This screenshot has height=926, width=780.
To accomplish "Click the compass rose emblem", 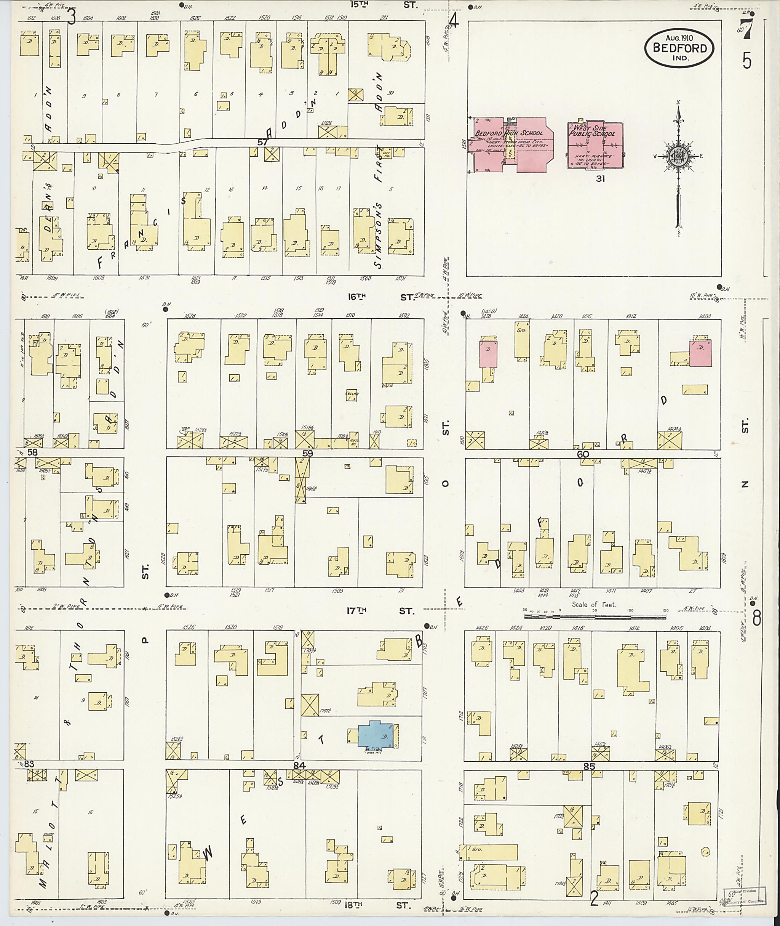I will point(676,156).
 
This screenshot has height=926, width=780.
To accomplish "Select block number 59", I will point(307,453).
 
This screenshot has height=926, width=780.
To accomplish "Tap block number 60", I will point(583,454).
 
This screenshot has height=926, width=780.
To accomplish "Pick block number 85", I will point(589,767).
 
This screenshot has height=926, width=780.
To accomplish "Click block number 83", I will point(29,764).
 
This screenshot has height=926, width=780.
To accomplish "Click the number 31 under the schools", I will point(599,179).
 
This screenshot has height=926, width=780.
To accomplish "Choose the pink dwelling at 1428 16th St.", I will point(488,354).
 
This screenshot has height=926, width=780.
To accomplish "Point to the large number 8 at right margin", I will point(756,618).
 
